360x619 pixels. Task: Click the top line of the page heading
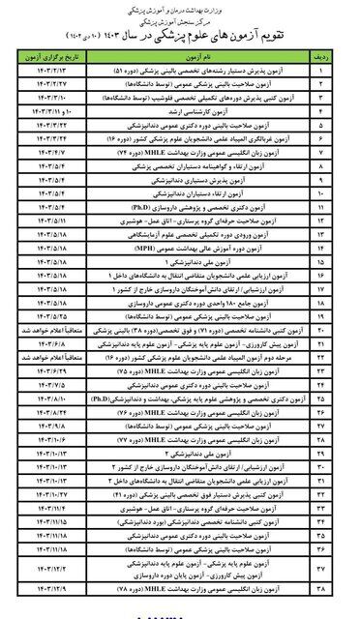click(x=180, y=7)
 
